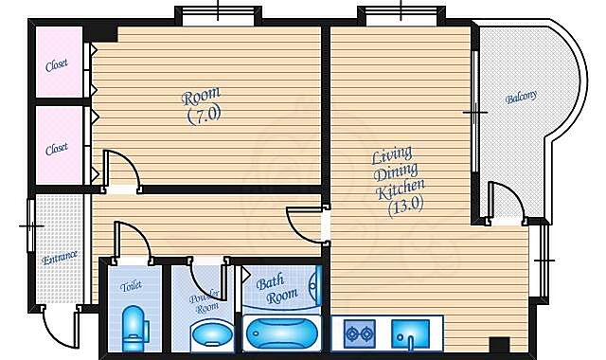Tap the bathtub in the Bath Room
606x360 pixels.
(x=282, y=333)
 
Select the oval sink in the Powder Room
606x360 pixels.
(x=212, y=333)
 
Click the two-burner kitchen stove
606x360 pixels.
(x=360, y=333)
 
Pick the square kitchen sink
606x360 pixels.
(x=410, y=333)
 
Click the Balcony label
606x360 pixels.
(x=521, y=97)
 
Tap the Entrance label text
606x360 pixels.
(x=60, y=257)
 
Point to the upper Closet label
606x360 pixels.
(x=57, y=65)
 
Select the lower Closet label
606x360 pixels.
(x=57, y=149)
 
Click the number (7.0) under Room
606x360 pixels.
(x=205, y=115)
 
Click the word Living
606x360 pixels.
(x=392, y=154)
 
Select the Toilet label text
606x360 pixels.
(x=131, y=286)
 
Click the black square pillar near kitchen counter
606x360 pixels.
(x=499, y=345)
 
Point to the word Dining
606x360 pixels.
(x=396, y=172)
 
